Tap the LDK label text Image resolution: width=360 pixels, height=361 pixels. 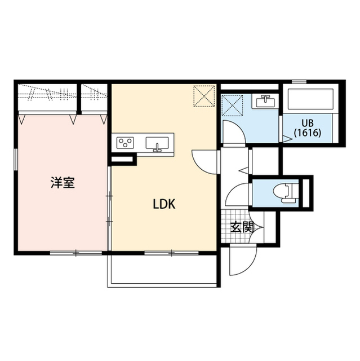pyautogui.click(x=165, y=204)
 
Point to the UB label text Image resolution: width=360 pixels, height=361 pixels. pyautogui.click(x=307, y=124)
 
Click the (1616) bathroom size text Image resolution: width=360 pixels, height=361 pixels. pyautogui.click(x=307, y=134)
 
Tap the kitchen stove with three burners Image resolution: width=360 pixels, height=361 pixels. pyautogui.click(x=125, y=143)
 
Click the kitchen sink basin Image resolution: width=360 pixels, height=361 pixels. pyautogui.click(x=158, y=143)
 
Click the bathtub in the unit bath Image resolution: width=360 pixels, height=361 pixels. pyautogui.click(x=311, y=100)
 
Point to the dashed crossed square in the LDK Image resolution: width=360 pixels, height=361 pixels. pyautogui.click(x=204, y=95)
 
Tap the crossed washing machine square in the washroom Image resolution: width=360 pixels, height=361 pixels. pyautogui.click(x=232, y=105)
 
